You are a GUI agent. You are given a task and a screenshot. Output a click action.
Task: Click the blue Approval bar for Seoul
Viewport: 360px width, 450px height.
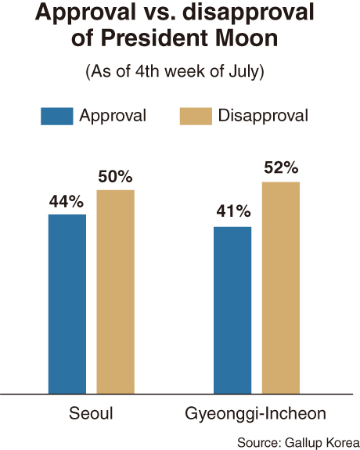point(67,304)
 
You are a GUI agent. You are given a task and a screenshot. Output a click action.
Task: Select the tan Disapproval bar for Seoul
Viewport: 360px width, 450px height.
point(115,292)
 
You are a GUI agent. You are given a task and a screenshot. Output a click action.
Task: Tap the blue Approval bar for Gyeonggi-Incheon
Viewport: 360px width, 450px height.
point(232,310)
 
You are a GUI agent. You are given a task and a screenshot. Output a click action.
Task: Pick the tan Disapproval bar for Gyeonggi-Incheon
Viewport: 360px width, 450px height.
point(281,288)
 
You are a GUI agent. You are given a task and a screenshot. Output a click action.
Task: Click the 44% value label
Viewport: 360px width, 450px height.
point(67,201)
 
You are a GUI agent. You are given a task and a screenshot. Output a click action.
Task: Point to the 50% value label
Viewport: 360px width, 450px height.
point(115,177)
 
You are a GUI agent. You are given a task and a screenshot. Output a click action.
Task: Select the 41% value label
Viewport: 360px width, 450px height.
point(233,211)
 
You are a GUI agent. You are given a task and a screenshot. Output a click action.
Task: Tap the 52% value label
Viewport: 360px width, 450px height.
point(281,168)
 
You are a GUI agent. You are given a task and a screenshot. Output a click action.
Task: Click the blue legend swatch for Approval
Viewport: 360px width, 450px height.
point(57,117)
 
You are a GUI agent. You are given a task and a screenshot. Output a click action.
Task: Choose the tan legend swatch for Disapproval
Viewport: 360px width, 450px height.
point(196,117)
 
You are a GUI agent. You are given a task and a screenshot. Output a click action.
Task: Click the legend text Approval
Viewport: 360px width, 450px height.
point(113,117)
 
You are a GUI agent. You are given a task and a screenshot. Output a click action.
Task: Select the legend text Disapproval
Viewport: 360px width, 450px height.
point(263,116)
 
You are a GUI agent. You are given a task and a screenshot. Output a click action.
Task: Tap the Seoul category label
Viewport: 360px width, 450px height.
point(91,413)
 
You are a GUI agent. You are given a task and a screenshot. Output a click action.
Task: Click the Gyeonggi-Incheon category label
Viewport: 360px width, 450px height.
point(255,414)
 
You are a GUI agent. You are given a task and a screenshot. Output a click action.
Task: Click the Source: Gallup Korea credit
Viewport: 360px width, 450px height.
point(298,442)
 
